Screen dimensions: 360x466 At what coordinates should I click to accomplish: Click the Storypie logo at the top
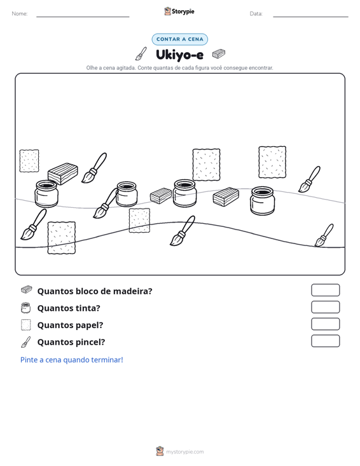coord(179,11)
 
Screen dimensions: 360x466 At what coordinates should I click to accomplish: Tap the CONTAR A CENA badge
coord(179,39)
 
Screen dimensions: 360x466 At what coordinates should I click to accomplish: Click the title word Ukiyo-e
coord(179,55)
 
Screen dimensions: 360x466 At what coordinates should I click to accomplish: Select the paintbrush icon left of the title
coord(141,53)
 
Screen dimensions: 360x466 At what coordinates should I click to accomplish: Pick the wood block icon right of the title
coord(219,54)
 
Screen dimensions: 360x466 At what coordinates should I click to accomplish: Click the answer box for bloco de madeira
coord(325,290)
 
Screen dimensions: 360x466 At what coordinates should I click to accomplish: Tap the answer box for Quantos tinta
coord(325,307)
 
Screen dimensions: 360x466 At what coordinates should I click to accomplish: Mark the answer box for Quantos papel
coord(325,324)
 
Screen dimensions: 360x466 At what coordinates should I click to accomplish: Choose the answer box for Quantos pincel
coord(325,341)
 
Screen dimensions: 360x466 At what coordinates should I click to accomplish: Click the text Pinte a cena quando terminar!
coord(72,360)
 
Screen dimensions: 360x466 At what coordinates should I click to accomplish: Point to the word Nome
coord(20,14)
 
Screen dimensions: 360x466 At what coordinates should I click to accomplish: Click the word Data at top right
coord(256,14)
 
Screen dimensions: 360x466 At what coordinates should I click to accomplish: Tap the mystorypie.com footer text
coord(184,452)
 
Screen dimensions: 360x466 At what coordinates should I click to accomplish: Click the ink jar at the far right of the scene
coord(263,201)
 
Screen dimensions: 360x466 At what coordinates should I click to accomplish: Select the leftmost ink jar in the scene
coord(46,193)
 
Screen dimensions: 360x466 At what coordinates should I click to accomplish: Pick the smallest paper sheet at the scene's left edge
coord(29,161)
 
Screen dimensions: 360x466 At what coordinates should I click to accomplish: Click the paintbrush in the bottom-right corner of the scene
coord(324,235)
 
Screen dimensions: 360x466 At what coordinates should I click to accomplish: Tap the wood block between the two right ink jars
coord(226,196)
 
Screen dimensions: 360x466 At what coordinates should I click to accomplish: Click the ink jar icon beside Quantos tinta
coord(26,308)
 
